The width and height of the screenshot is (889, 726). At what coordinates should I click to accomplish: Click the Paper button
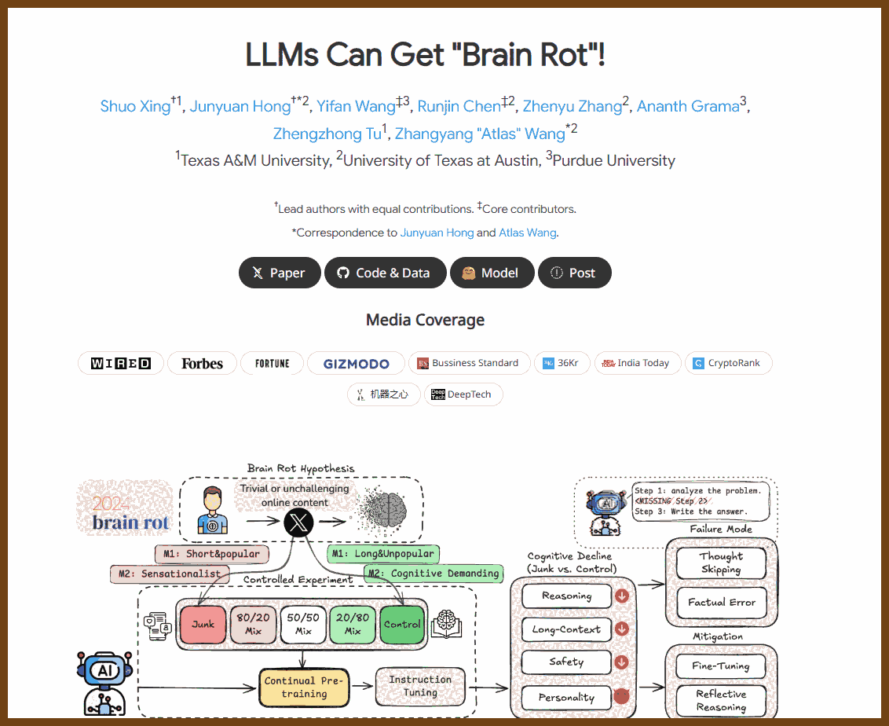click(280, 273)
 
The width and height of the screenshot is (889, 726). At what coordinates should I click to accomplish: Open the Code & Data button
click(385, 273)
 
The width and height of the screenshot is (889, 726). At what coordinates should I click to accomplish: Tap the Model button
click(492, 273)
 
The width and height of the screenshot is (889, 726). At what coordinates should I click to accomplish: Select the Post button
click(574, 273)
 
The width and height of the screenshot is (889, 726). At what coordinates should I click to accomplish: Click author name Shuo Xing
click(135, 106)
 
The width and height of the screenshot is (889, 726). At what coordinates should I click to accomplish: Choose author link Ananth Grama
click(688, 106)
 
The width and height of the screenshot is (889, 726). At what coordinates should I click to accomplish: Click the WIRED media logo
click(121, 363)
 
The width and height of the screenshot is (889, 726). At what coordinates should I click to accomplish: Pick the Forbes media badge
click(202, 363)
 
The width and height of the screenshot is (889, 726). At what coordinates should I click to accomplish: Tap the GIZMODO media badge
click(356, 363)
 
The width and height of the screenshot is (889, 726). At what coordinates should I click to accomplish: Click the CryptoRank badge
click(728, 363)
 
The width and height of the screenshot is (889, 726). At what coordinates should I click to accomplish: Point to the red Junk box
click(203, 625)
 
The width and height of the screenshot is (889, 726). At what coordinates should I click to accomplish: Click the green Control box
click(402, 625)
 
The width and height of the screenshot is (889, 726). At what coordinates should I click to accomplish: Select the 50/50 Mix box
click(303, 625)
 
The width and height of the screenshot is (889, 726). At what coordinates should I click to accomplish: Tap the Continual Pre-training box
click(304, 687)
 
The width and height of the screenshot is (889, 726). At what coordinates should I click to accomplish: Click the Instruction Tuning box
click(420, 686)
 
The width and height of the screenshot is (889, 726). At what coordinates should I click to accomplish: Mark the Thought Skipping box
click(721, 563)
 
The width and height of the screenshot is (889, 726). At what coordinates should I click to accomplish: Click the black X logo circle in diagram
click(298, 522)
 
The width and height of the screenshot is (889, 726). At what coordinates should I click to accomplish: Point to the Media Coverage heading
click(425, 320)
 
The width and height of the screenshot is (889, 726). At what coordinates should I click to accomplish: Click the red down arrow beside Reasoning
click(622, 596)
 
